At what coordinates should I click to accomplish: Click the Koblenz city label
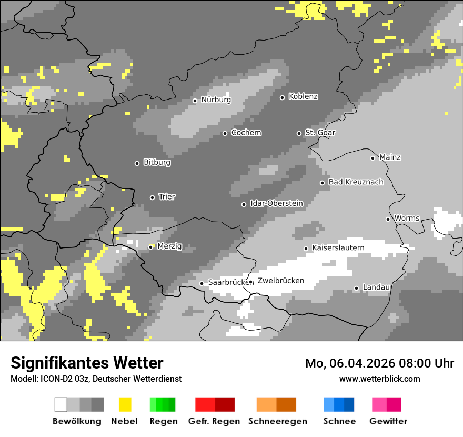(x=303, y=97)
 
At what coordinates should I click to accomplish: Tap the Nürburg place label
(x=216, y=100)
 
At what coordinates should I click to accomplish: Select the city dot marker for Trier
(x=153, y=197)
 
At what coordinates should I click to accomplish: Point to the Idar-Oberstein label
(x=276, y=203)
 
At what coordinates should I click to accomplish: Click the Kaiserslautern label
(x=338, y=248)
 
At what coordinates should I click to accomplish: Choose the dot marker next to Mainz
(x=373, y=158)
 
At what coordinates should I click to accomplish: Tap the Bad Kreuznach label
(x=356, y=182)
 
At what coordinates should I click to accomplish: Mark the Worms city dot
(x=388, y=219)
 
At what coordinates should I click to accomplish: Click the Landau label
(x=376, y=287)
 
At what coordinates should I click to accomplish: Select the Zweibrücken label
(x=280, y=281)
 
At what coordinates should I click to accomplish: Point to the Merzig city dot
(x=150, y=247)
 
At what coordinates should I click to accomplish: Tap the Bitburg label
(x=157, y=163)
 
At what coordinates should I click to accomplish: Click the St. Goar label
(x=320, y=133)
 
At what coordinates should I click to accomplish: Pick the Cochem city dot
(x=225, y=133)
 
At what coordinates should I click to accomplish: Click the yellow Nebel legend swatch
(x=125, y=404)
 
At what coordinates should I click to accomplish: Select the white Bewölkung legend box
(x=61, y=404)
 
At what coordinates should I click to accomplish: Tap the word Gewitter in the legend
(x=388, y=421)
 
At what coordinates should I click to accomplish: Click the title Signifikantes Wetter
(x=87, y=363)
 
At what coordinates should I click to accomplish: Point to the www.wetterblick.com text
(x=379, y=379)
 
